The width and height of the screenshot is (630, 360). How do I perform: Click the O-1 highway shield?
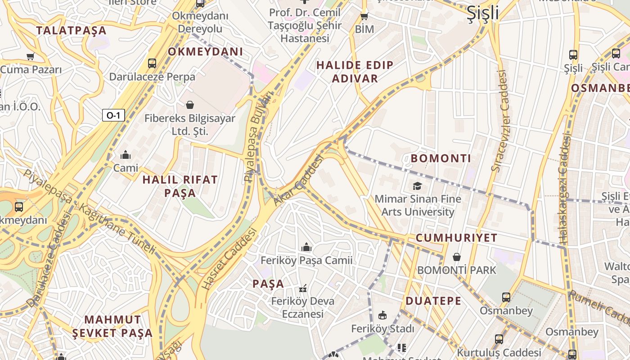(x=113, y=116)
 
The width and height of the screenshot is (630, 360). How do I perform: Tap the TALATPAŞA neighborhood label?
(x=71, y=31)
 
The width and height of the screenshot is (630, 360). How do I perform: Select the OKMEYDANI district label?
(x=205, y=52)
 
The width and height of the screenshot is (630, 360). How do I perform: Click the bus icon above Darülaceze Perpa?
(x=152, y=63)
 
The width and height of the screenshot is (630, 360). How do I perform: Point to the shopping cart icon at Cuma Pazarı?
(x=30, y=57)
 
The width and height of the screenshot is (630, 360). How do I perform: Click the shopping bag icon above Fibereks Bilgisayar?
(x=190, y=105)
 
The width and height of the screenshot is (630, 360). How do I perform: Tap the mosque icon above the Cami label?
(x=126, y=155)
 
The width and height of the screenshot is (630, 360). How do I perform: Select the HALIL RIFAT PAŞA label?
(x=180, y=186)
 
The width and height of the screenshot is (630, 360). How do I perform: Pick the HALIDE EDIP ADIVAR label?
(x=355, y=72)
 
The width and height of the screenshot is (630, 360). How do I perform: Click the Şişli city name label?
(x=482, y=13)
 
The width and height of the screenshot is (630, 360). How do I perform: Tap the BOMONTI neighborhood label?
(x=441, y=158)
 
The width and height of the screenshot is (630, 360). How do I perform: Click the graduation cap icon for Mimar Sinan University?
(x=417, y=186)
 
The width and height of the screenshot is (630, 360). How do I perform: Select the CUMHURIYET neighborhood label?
(x=456, y=238)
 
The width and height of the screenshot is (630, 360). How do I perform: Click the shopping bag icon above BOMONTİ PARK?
(x=457, y=257)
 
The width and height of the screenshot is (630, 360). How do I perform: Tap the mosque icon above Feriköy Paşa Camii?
(x=306, y=247)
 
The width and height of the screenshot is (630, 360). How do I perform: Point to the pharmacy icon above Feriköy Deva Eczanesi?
(x=303, y=288)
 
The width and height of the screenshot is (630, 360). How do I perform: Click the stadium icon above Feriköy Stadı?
(x=382, y=315)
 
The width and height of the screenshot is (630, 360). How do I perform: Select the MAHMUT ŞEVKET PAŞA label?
(x=112, y=326)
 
